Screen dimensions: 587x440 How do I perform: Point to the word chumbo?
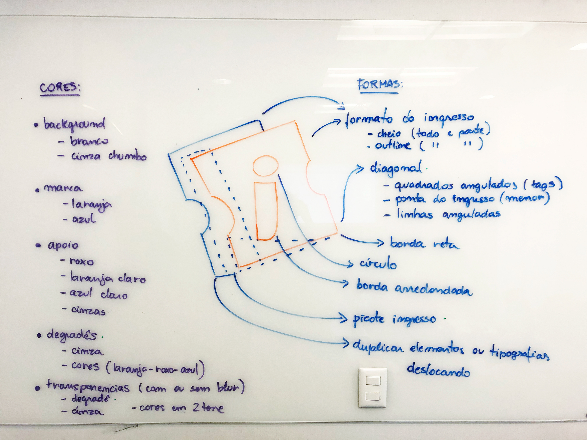pyautogui.click(x=127, y=156)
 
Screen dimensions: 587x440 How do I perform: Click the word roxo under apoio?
pyautogui.click(x=81, y=262)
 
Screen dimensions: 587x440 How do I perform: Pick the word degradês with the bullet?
pyautogui.click(x=72, y=335)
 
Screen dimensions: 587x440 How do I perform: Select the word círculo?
pyautogui.click(x=378, y=264)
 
